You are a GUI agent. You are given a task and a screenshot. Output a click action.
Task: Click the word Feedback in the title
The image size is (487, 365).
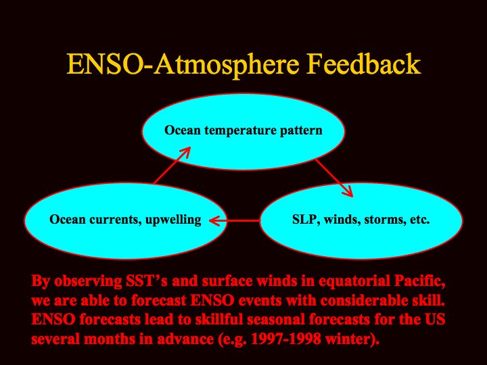[364, 64]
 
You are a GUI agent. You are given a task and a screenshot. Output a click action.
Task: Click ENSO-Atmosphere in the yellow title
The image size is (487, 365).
[183, 64]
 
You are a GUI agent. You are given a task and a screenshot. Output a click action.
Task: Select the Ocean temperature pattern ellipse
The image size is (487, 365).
[243, 132]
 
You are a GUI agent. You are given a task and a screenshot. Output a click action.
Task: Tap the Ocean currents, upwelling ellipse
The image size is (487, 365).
[126, 220]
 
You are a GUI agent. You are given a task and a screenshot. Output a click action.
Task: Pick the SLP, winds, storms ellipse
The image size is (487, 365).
[361, 220]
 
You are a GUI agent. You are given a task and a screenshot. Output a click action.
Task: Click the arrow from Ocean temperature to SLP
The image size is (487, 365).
[334, 178]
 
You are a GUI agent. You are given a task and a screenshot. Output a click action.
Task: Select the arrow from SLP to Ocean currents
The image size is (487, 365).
[235, 220]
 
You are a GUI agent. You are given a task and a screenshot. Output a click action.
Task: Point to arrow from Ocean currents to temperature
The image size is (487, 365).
[172, 165]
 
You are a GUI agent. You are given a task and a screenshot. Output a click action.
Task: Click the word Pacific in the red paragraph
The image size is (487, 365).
[419, 281]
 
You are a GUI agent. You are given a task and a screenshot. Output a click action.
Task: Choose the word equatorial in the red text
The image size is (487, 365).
[354, 281]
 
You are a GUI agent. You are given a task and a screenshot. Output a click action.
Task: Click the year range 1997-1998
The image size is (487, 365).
[286, 339]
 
